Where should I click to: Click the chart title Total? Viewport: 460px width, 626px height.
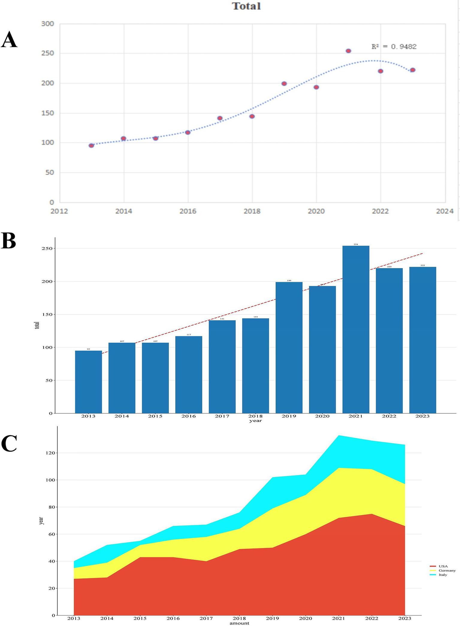(246, 6)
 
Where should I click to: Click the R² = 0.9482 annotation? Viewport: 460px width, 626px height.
(394, 47)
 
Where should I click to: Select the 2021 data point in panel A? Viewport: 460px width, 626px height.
(348, 51)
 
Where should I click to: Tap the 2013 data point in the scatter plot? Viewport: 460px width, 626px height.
(91, 146)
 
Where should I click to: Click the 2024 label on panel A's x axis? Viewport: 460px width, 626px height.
(445, 211)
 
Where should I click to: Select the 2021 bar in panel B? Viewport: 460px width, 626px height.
(356, 329)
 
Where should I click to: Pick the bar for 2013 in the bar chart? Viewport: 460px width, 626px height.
(88, 382)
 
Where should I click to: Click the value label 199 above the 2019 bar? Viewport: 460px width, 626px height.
(289, 281)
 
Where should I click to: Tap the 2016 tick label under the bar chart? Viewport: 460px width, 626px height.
(188, 416)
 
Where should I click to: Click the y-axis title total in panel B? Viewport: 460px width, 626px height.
(37, 325)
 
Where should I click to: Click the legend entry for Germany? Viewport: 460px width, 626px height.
(447, 571)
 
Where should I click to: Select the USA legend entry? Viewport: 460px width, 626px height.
(443, 566)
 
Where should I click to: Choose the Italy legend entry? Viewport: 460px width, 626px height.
(443, 575)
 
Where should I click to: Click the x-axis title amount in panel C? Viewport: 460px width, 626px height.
(239, 623)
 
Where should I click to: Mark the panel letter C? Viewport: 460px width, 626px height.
(9, 443)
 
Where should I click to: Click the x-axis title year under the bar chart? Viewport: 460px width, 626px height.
(255, 421)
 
